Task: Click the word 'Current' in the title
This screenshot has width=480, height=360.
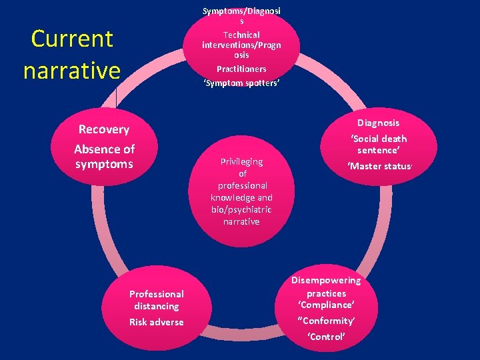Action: (x=72, y=39)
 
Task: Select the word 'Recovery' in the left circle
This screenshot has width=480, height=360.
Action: (x=104, y=129)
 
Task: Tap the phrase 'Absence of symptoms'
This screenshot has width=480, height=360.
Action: (x=104, y=156)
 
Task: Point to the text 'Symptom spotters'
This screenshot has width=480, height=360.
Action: (x=241, y=83)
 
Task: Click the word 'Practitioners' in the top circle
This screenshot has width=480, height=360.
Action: (x=241, y=69)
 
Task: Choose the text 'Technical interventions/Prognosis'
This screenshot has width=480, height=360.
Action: (x=241, y=45)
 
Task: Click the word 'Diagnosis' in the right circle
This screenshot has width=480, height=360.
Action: (x=378, y=123)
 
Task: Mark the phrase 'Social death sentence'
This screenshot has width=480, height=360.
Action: (x=378, y=145)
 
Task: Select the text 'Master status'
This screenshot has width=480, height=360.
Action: (x=378, y=166)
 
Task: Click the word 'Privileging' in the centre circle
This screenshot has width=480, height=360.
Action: (x=242, y=161)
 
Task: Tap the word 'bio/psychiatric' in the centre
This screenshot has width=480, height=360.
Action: (x=242, y=209)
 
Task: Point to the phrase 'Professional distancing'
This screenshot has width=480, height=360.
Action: (x=157, y=300)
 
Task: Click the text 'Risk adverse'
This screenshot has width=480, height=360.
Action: (x=157, y=322)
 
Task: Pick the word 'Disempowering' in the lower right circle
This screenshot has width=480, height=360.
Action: (x=326, y=280)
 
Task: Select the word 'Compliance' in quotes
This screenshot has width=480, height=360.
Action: (x=326, y=305)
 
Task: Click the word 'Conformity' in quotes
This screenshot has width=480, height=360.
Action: (x=326, y=321)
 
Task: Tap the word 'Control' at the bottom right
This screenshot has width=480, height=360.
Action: (x=326, y=337)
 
